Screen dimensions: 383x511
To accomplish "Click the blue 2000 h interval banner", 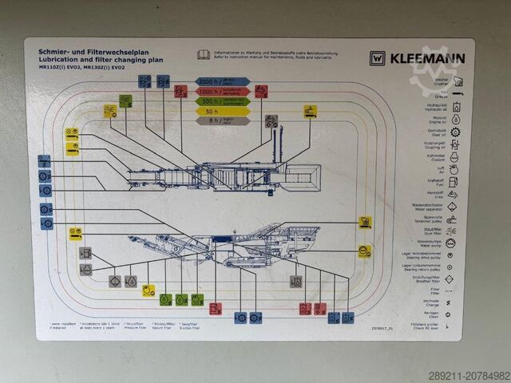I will click(x=223, y=81).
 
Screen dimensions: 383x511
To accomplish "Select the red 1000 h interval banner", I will click(x=223, y=92).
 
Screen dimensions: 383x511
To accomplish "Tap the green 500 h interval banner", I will click(x=223, y=101).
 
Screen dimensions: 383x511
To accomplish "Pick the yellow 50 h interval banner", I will click(x=223, y=112).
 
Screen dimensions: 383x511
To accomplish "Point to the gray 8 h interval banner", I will click(x=223, y=121).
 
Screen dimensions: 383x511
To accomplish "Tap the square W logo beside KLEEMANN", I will click(x=378, y=57).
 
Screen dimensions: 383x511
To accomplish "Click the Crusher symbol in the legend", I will click(x=458, y=81).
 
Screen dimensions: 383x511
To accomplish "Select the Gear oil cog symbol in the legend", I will click(x=455, y=132).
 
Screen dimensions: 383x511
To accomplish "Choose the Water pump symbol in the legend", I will click(x=451, y=243).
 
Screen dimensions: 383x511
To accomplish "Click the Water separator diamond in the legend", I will click(x=452, y=207).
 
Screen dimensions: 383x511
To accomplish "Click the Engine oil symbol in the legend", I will click(x=455, y=120).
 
